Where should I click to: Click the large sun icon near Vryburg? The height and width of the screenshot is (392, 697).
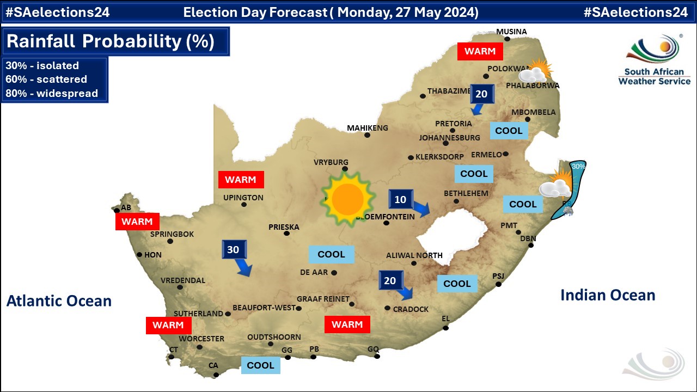click(347, 199)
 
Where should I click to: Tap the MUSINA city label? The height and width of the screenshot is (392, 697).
click(511, 32)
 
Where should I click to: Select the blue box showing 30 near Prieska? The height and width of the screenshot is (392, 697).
click(234, 250)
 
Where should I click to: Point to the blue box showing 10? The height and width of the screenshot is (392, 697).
click(400, 199)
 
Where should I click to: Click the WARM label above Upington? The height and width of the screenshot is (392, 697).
click(241, 179)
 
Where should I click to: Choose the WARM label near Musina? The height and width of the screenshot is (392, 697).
click(480, 51)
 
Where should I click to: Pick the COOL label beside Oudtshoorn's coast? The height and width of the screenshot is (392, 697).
click(260, 365)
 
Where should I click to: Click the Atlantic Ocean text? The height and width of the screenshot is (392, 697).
click(59, 301)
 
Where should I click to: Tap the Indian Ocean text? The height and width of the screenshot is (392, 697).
click(608, 295)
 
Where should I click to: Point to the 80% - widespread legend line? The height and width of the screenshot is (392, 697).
click(52, 93)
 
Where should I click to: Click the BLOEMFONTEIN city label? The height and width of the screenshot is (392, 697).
click(385, 216)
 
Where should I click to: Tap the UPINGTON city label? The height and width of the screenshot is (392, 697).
click(243, 198)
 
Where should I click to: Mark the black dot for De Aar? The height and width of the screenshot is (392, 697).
click(334, 273)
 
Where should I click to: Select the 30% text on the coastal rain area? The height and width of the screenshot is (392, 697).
click(578, 166)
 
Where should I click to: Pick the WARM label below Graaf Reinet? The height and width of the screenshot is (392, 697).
click(347, 324)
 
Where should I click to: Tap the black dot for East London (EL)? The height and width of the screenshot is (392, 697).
click(445, 328)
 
